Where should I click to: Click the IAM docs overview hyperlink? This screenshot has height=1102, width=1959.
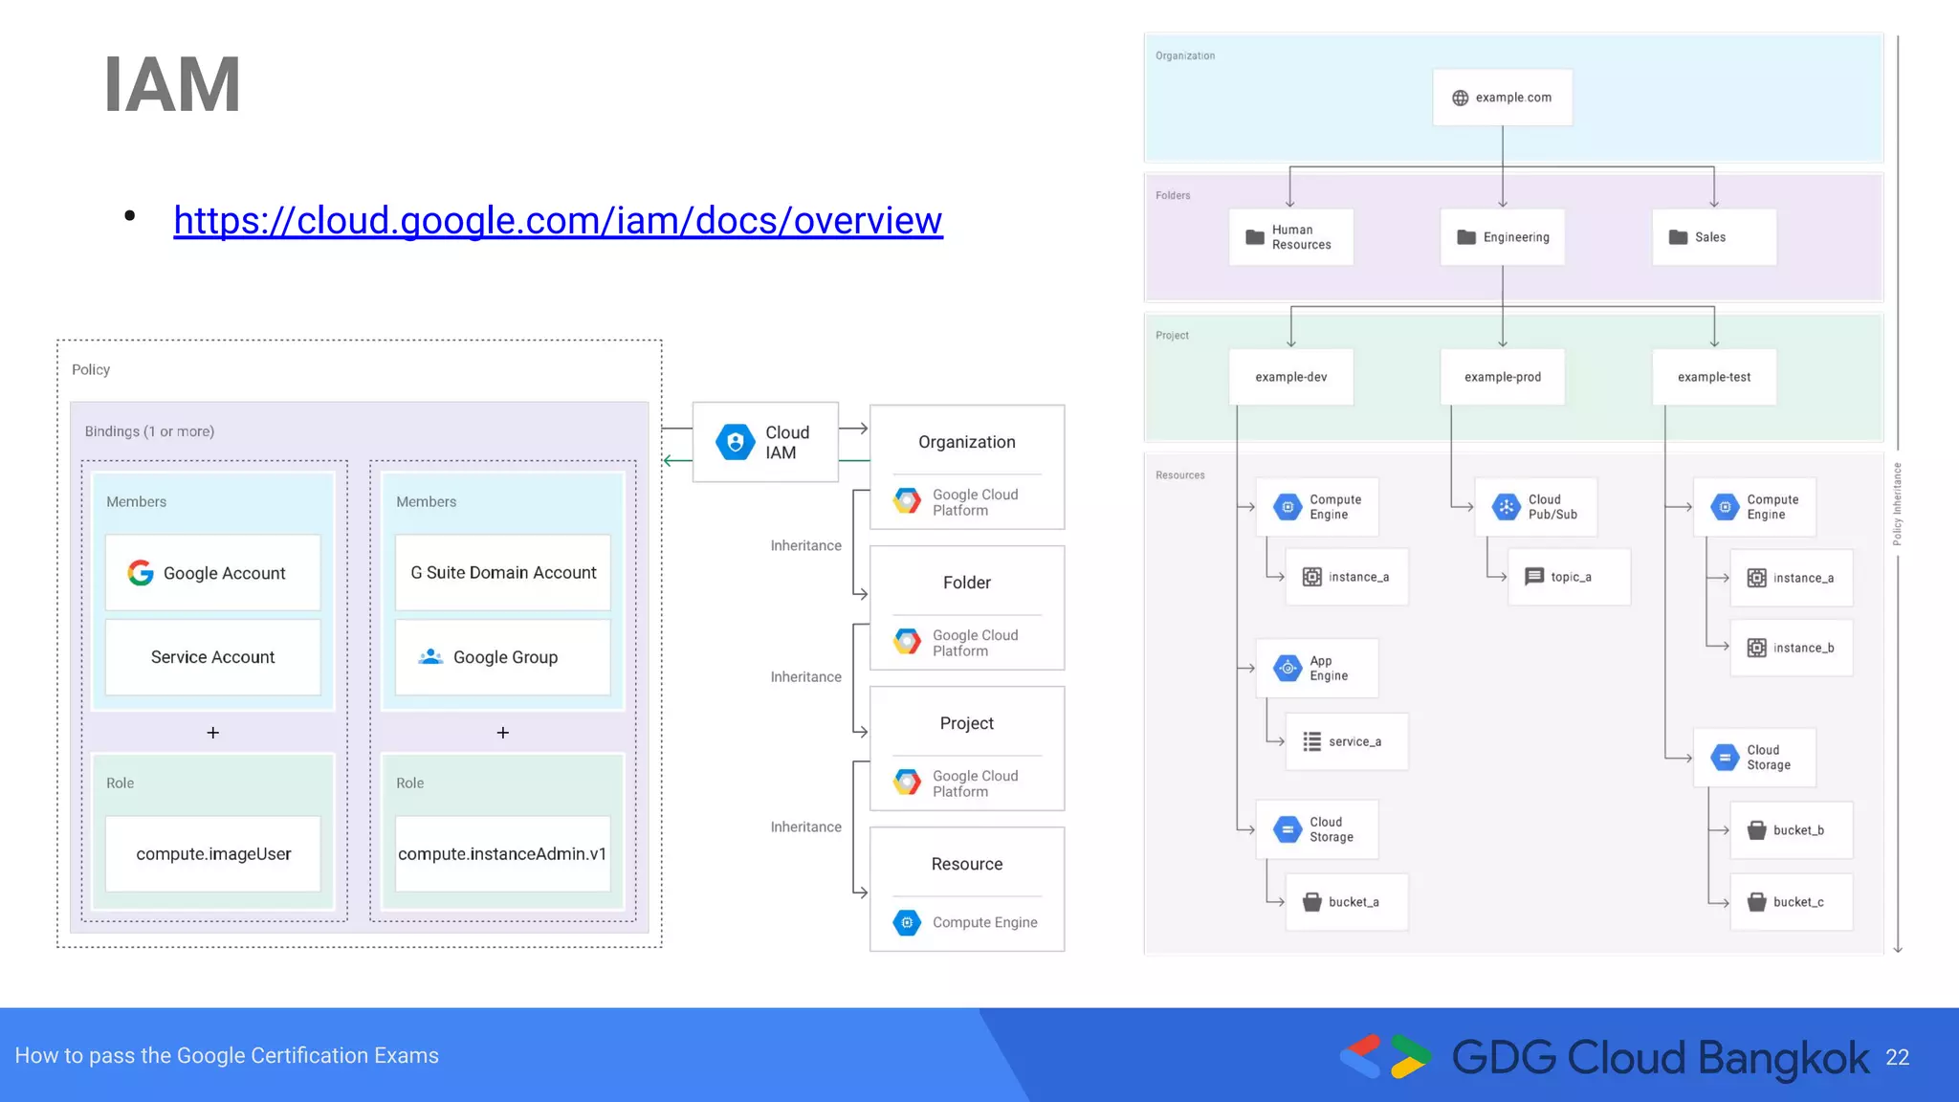[558, 221]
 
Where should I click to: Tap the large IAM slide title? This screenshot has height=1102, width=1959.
[172, 85]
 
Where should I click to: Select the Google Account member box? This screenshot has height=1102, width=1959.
[212, 572]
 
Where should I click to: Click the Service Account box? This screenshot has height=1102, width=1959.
[212, 657]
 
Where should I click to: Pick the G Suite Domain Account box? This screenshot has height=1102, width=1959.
[502, 572]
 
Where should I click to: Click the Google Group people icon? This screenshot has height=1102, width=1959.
[430, 657]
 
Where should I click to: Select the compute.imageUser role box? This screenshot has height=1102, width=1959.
[212, 853]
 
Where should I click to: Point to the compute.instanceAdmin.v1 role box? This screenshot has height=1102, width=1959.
[502, 853]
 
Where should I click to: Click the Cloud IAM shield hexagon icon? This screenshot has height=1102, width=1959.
[735, 442]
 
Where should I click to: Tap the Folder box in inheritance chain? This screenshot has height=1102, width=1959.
[966, 583]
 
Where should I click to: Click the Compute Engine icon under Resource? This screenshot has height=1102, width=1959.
[907, 922]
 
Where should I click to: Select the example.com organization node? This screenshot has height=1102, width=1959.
[1502, 98]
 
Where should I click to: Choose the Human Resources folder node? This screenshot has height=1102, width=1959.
[1290, 237]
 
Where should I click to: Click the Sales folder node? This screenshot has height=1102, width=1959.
[1713, 237]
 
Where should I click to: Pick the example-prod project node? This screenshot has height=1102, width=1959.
[1502, 377]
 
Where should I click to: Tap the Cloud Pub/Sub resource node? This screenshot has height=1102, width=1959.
[1534, 507]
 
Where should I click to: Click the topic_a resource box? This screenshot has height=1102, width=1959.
[1569, 577]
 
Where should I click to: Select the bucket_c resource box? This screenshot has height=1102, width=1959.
[1791, 902]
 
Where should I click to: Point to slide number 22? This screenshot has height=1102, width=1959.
[1897, 1057]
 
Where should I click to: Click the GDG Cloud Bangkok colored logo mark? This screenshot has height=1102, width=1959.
[1386, 1056]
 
